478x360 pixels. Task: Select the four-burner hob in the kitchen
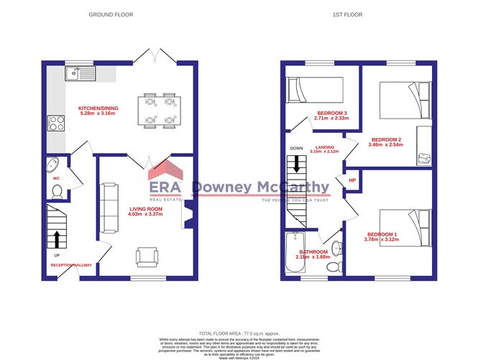[x=56, y=123]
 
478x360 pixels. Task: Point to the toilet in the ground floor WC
[x=57, y=190]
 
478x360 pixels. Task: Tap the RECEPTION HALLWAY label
[x=71, y=265]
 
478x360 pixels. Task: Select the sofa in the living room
[x=110, y=208]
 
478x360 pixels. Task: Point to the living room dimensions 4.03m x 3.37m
[x=145, y=213]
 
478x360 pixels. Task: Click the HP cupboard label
[x=352, y=180]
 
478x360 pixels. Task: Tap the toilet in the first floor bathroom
[x=333, y=267]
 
